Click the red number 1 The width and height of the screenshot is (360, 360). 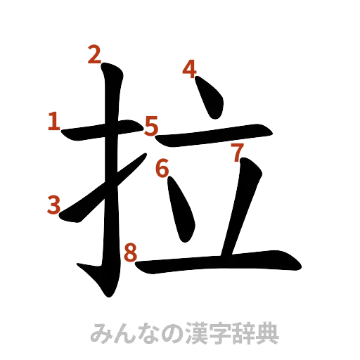point(53,122)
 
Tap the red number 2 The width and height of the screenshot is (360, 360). point(94,55)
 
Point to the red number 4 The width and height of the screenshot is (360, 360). point(189,69)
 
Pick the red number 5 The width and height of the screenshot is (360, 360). point(151,127)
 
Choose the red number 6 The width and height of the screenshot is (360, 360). point(162,168)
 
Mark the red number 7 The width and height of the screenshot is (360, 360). point(237,150)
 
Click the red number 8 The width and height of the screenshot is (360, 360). point(129,252)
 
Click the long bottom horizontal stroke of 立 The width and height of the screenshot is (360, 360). point(218,262)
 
